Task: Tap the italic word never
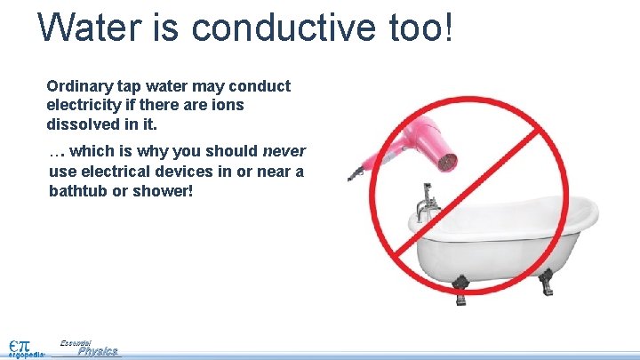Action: pos(284,151)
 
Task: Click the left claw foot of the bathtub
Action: pos(460,284)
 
